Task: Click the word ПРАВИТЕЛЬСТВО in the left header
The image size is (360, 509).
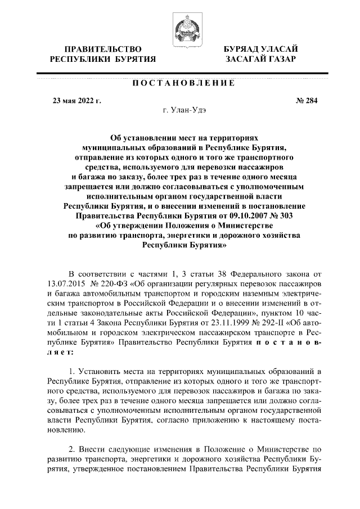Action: (102, 49)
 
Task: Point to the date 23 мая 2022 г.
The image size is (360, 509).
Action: (76, 101)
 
